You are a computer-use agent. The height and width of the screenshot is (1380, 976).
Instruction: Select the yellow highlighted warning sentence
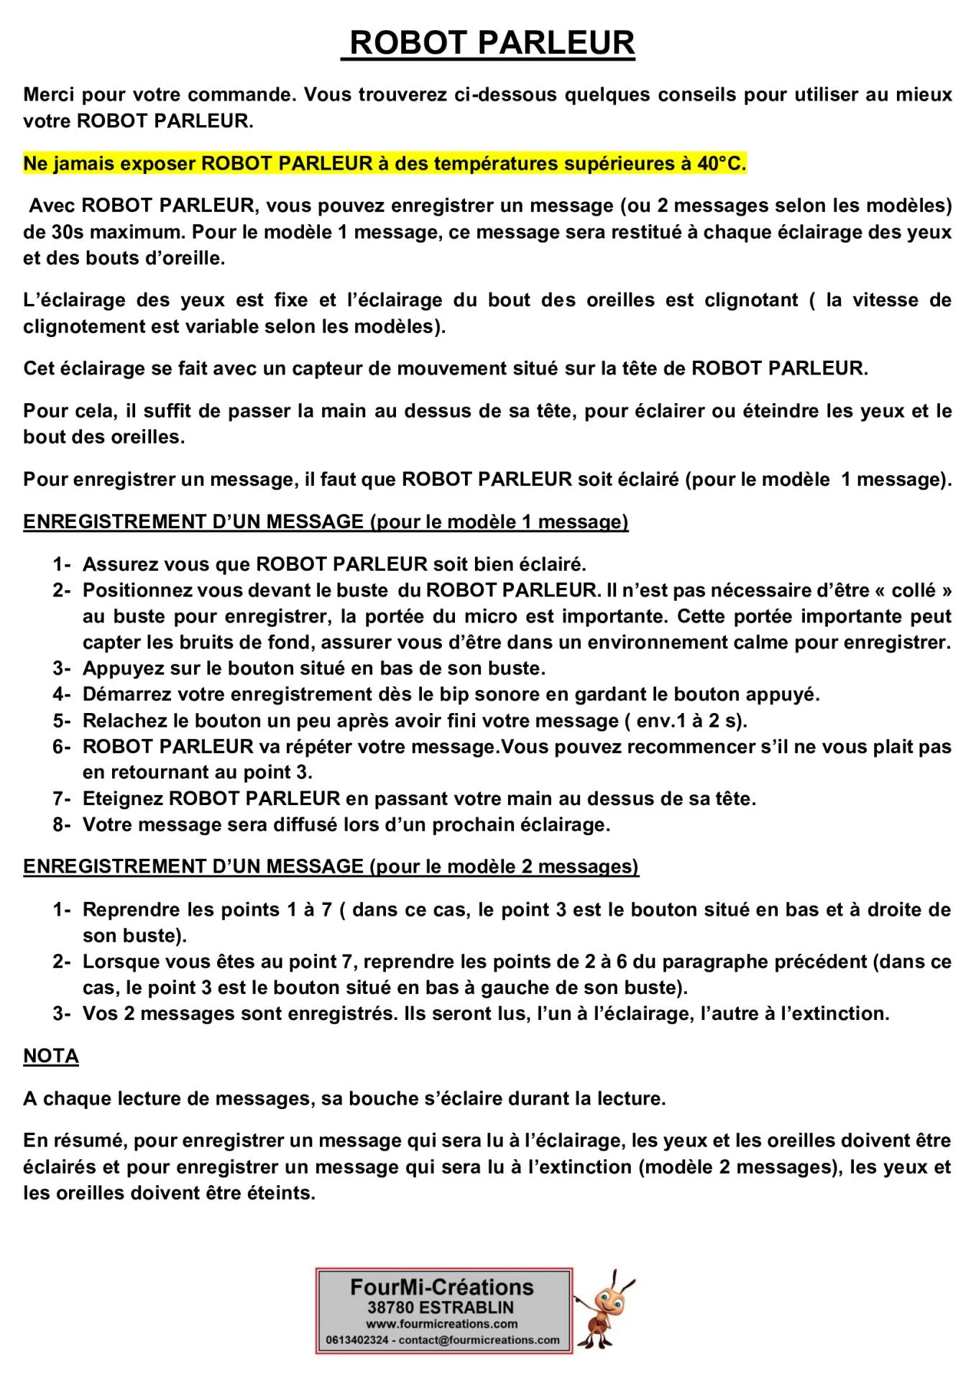click(385, 164)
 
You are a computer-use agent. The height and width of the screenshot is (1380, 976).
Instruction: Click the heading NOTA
click(51, 1056)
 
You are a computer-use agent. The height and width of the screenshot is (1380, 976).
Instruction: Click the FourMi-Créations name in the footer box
click(442, 1287)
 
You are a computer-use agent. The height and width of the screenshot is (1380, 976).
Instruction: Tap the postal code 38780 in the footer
click(391, 1307)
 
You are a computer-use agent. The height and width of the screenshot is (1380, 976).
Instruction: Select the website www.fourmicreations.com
click(442, 1324)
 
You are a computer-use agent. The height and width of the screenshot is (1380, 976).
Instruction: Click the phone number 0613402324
click(357, 1340)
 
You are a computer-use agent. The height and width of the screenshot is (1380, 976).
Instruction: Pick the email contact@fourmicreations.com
click(479, 1340)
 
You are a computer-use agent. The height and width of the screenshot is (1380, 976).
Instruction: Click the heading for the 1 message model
click(326, 522)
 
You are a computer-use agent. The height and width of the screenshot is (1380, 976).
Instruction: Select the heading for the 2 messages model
click(331, 867)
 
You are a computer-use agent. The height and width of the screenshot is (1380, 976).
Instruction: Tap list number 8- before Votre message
click(61, 824)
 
